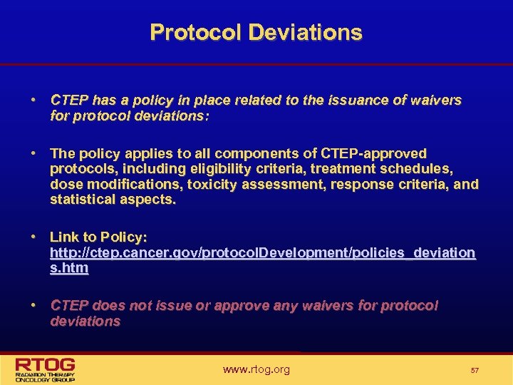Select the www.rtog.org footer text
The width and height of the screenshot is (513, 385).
(256, 369)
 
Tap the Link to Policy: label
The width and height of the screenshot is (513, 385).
(98, 237)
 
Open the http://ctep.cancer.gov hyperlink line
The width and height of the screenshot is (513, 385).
(262, 252)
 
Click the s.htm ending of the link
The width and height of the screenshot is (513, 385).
(69, 268)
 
